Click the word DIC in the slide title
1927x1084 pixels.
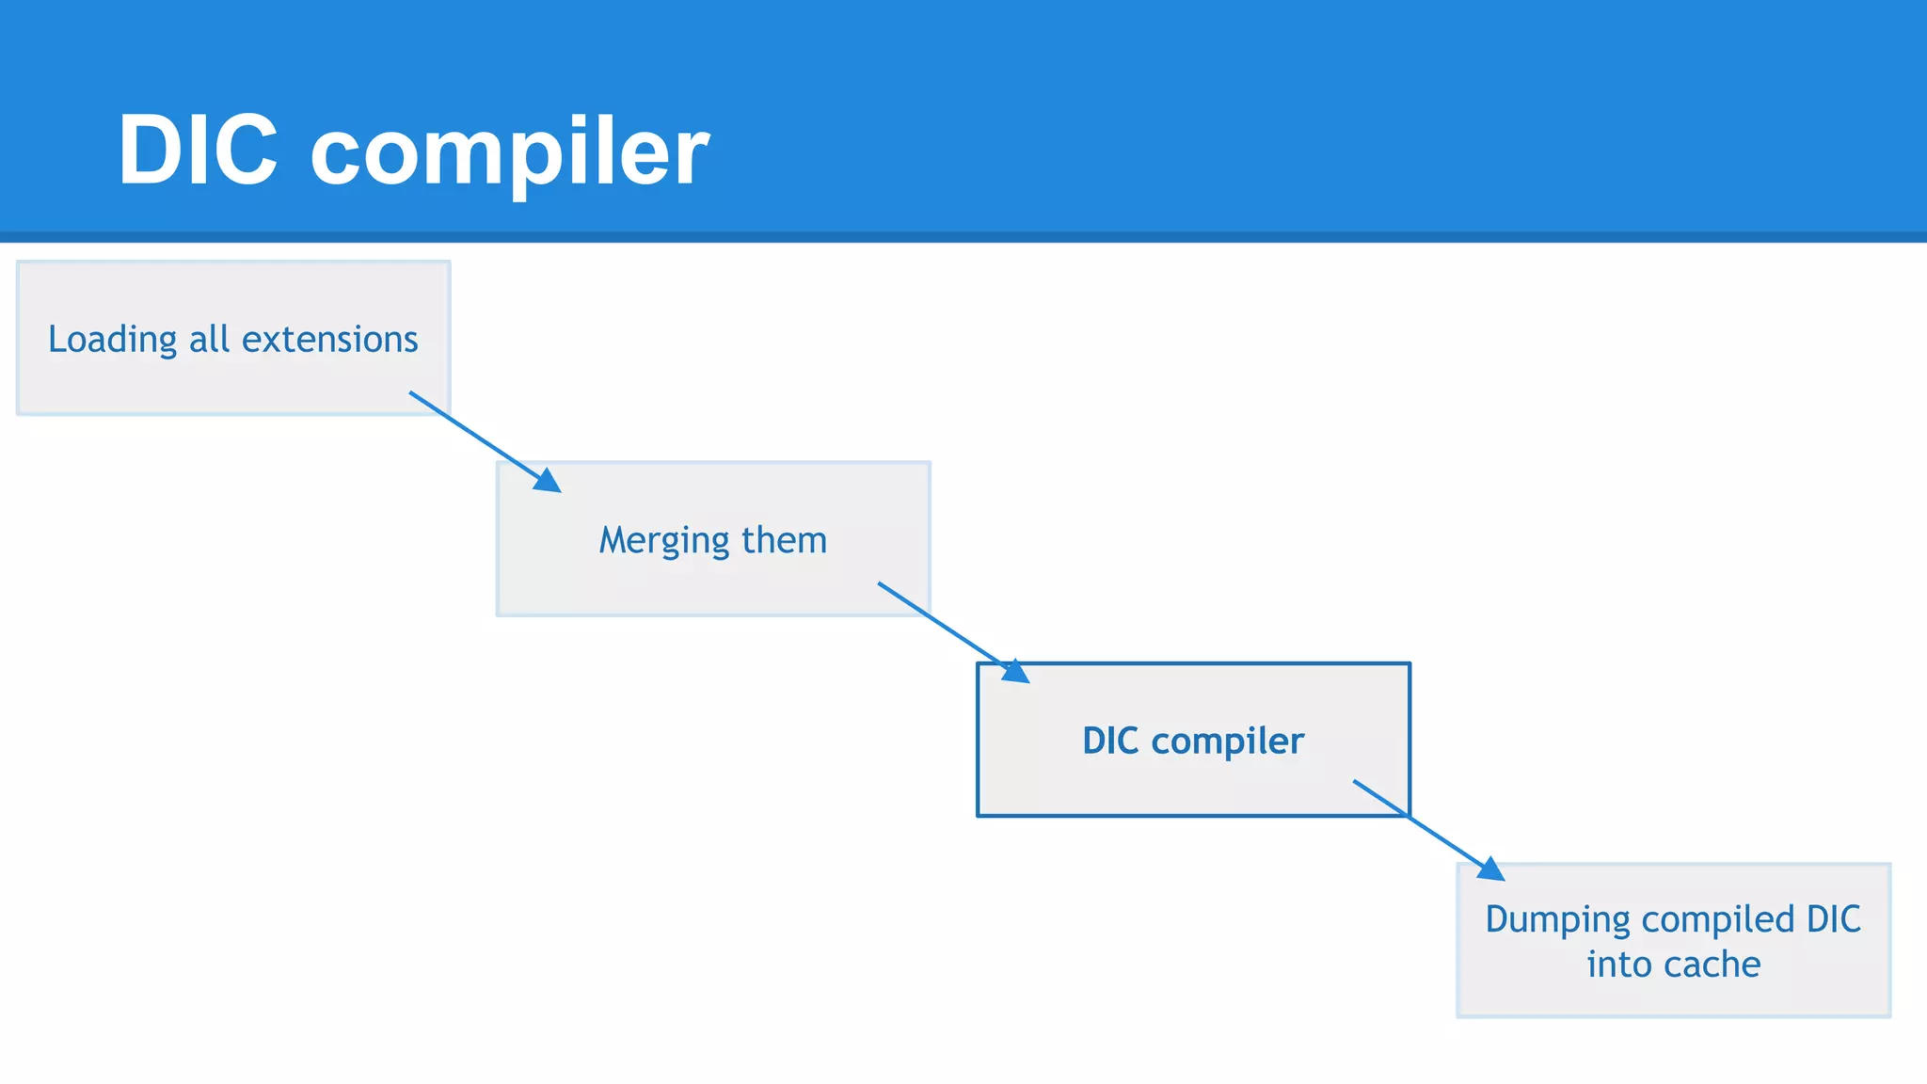[198, 151]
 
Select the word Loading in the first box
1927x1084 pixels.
[112, 340]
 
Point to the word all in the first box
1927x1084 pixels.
[209, 339]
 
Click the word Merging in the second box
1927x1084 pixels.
[664, 541]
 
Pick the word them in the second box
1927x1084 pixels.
[784, 540]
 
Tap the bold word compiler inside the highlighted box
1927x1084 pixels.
[1227, 742]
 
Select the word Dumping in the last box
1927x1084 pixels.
[1557, 920]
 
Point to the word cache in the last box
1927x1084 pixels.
[1712, 964]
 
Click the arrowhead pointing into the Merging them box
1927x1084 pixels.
[549, 481]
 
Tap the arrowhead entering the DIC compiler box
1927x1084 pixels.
[1016, 672]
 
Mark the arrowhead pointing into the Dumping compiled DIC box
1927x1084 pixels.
[1491, 869]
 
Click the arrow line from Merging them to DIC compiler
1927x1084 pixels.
[941, 624]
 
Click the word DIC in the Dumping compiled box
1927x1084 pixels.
[1833, 919]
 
